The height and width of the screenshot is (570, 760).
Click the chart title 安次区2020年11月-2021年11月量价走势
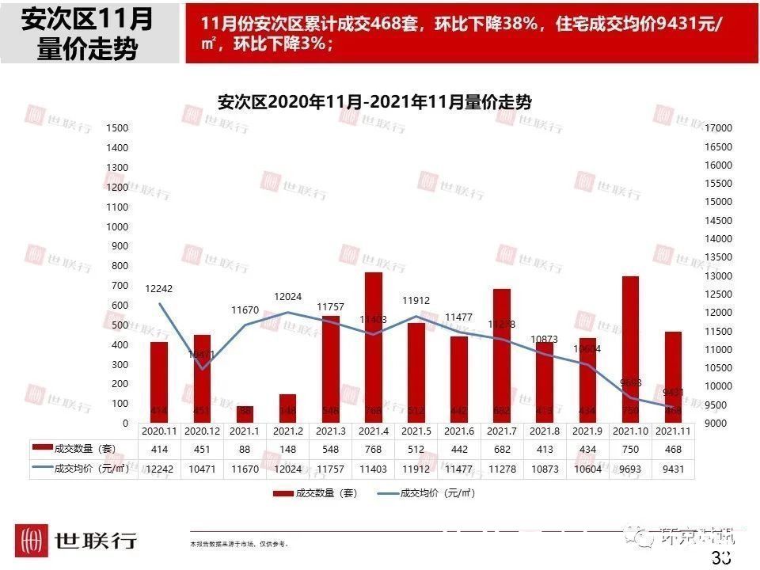(374, 103)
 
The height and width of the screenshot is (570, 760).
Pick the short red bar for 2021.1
(245, 414)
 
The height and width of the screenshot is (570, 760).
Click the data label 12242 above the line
(158, 289)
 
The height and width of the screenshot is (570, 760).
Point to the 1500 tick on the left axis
(117, 128)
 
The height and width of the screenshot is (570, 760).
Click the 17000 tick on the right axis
(720, 128)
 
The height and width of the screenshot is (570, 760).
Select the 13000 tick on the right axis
(720, 275)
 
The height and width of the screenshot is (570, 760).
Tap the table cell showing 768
(374, 449)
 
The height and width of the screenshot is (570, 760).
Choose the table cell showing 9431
(673, 469)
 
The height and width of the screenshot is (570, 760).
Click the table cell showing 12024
(288, 469)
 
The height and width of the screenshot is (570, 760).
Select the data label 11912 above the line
(416, 301)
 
